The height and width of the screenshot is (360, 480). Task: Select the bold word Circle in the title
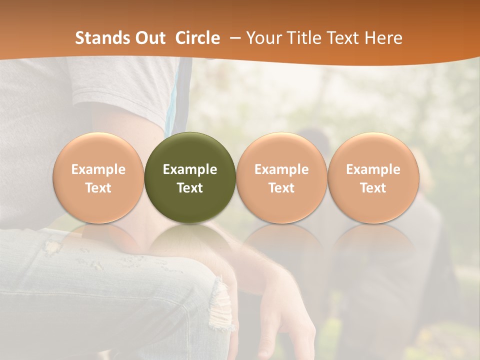[197, 38]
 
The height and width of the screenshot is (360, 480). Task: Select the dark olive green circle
[190, 177]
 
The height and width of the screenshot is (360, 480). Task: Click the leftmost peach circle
[98, 177]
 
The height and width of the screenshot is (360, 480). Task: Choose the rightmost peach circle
[373, 177]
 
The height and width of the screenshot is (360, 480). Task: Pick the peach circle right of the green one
[281, 177]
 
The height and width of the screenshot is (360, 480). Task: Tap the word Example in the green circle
[190, 169]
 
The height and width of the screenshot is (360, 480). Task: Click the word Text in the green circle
[190, 188]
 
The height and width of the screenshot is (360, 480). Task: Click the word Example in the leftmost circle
[98, 169]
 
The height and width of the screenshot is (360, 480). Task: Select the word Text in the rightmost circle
[373, 188]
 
